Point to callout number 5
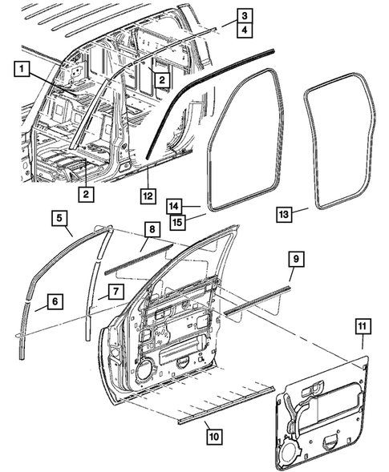[x=60, y=217]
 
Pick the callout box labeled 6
[x=54, y=301]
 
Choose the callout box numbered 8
[x=151, y=228]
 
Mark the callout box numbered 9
[x=295, y=259]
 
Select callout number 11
[x=363, y=326]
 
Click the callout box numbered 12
[x=148, y=195]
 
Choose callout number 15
[x=176, y=220]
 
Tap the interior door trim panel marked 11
[x=321, y=409]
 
